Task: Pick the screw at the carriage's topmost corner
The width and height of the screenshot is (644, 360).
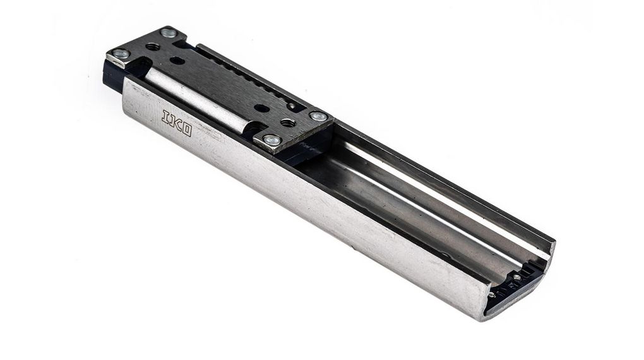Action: [x=168, y=33]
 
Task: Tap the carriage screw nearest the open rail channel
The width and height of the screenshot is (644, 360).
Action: [x=319, y=116]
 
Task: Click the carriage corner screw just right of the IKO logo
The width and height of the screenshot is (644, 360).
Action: [x=271, y=140]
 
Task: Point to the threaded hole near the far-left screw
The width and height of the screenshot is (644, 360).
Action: [x=152, y=47]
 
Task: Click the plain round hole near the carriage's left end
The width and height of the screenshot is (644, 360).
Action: [x=177, y=61]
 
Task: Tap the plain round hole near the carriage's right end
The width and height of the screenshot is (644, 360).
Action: [x=261, y=108]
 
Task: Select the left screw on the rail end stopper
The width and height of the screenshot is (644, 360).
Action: [x=491, y=294]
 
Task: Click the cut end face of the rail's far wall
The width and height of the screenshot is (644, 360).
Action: [x=550, y=248]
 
